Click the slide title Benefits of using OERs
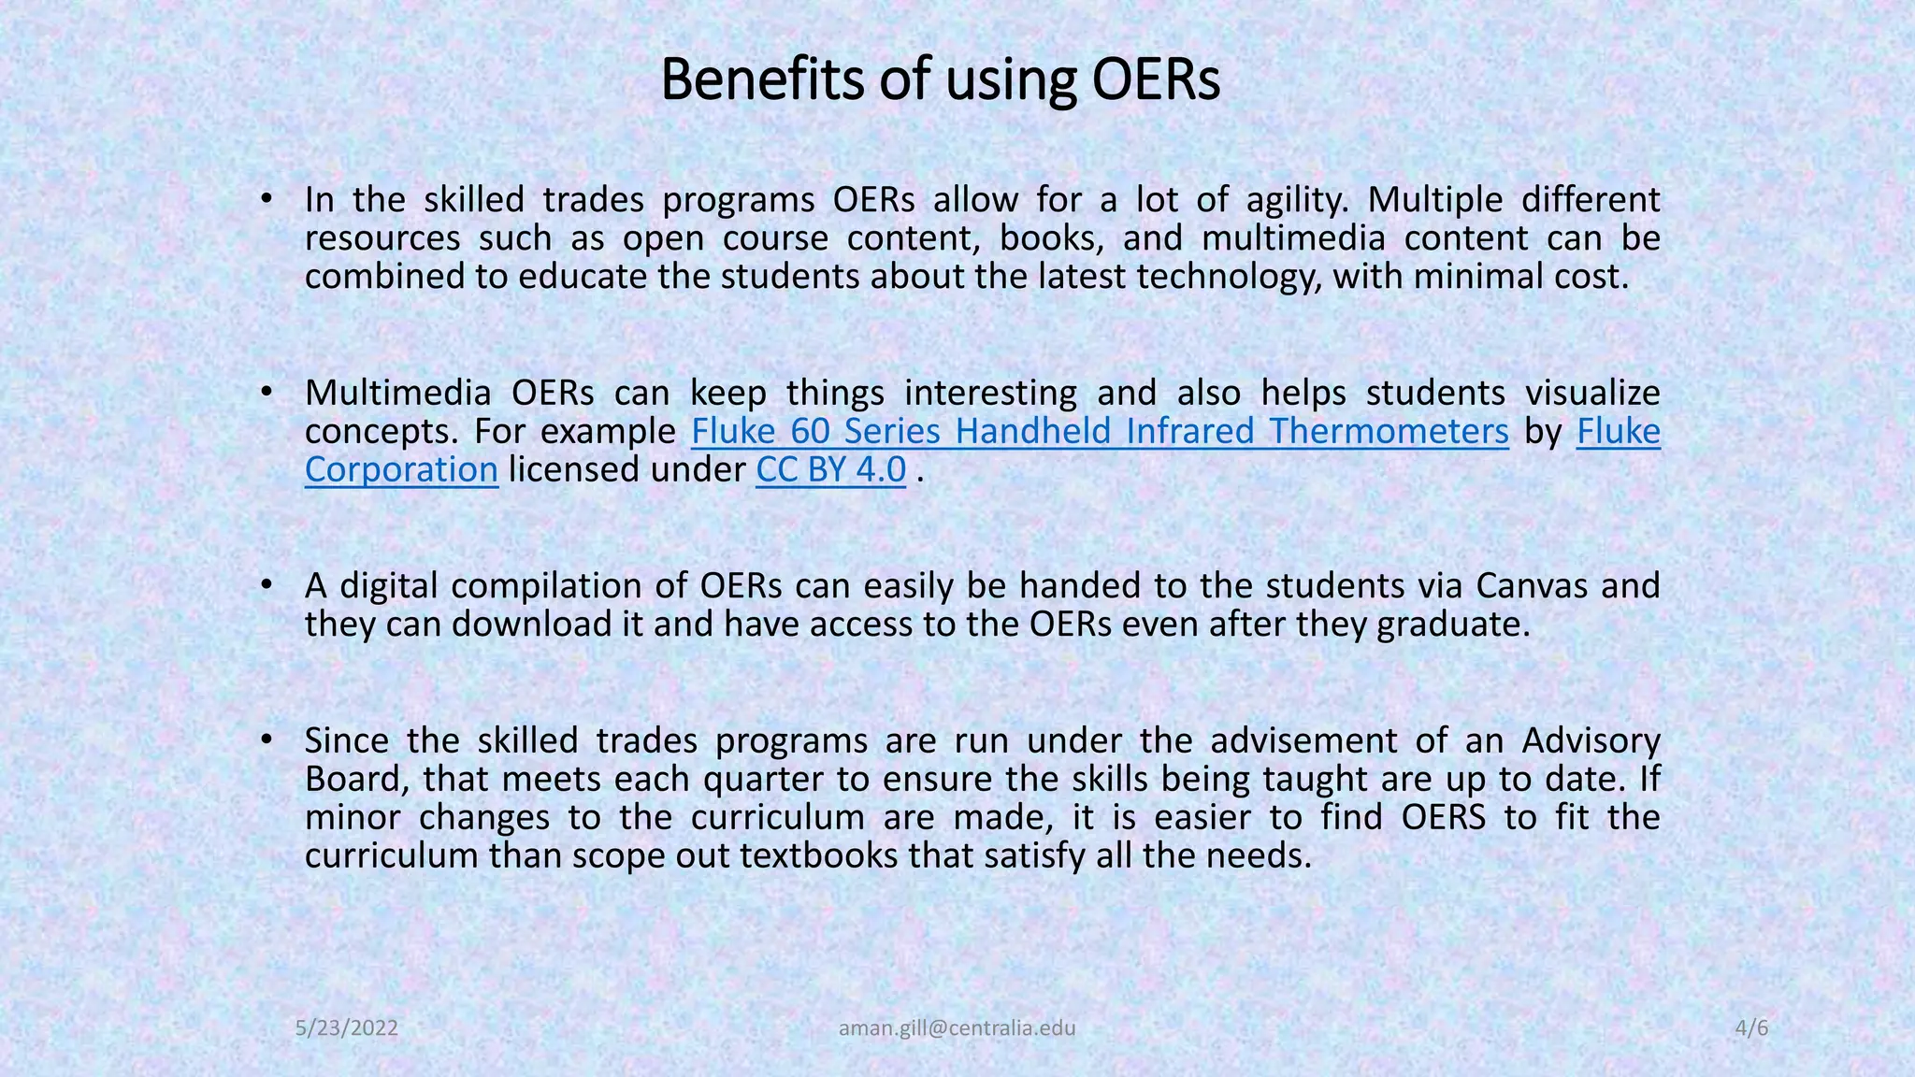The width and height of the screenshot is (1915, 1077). (940, 80)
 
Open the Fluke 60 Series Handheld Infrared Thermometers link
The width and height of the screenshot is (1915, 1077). (1100, 431)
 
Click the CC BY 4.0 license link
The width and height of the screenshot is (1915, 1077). (830, 469)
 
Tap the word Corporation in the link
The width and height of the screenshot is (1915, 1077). (401, 469)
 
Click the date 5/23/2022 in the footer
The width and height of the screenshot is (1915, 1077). (347, 1028)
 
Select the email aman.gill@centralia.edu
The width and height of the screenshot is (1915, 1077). (957, 1028)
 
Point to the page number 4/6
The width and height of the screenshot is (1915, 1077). (1751, 1028)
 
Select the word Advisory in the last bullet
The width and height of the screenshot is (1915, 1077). (1591, 740)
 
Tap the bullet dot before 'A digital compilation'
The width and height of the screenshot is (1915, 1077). (266, 585)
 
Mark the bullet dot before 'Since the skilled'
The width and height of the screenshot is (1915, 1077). (266, 740)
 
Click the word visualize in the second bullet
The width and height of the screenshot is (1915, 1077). (1592, 393)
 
